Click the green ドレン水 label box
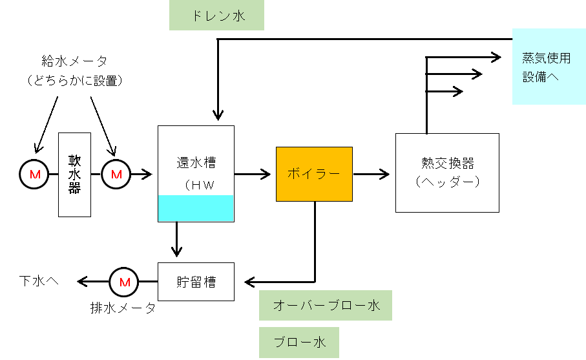pos(216,15)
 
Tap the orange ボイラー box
pos(314,174)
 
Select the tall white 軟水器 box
pos(74,175)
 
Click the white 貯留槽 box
pos(196,282)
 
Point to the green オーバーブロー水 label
pos(326,305)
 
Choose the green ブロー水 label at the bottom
pos(299,342)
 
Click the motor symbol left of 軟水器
pos(34,175)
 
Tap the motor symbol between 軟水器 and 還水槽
pos(116,175)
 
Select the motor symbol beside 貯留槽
pos(123,282)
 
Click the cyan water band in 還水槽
pos(196,208)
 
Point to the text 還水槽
pos(196,163)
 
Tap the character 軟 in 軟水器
pos(74,160)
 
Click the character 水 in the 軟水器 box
pos(74,175)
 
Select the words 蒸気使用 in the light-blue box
pos(547,58)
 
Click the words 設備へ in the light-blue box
pos(541,77)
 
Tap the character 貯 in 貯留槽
pos(183,282)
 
